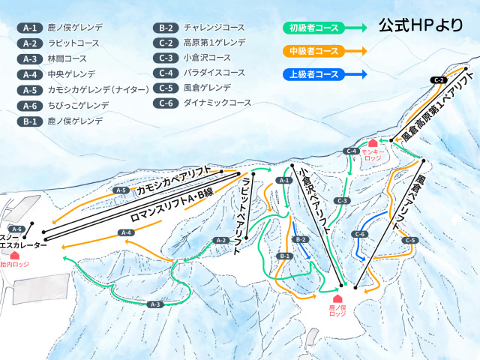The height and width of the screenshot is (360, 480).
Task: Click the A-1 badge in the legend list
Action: tap(30, 28)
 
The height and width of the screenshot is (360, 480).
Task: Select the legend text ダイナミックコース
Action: tap(217, 102)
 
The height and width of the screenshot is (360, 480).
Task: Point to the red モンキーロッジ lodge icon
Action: tap(373, 143)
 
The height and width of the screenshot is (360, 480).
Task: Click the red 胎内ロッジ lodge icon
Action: tap(14, 255)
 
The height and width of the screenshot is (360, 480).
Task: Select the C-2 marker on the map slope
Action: tap(439, 79)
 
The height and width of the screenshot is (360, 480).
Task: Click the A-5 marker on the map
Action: tap(121, 190)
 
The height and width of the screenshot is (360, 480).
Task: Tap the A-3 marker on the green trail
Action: tap(155, 304)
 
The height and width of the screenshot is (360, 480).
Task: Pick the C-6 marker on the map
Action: tap(360, 235)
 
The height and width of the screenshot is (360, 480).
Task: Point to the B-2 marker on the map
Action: tap(301, 239)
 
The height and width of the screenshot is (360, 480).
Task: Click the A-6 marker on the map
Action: tap(17, 229)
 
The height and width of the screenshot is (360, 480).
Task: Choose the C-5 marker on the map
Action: tap(409, 241)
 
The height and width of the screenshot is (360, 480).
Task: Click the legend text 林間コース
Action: tap(63, 58)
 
